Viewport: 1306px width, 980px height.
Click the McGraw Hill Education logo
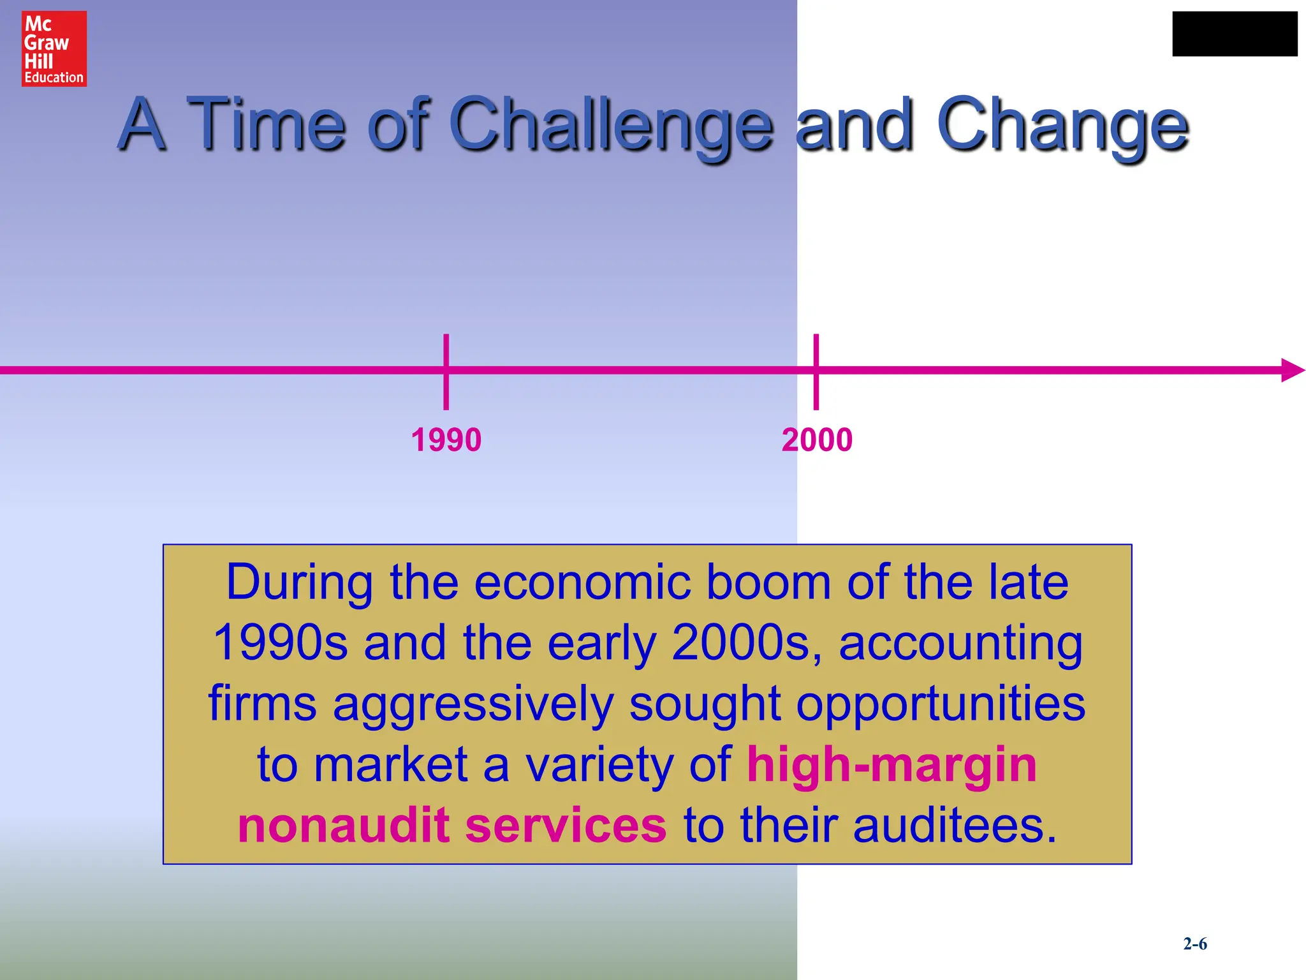click(54, 48)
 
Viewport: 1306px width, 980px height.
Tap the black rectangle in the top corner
click(1234, 34)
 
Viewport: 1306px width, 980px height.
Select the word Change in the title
click(1062, 124)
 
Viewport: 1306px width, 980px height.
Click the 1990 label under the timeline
click(446, 440)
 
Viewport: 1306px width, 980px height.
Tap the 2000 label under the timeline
click(816, 440)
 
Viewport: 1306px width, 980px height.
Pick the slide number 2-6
click(1194, 944)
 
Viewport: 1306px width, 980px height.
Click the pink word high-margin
click(891, 764)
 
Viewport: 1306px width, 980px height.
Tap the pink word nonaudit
click(344, 825)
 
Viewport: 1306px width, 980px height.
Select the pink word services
click(566, 825)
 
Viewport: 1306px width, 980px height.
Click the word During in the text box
click(299, 582)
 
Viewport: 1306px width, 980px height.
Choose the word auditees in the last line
click(954, 825)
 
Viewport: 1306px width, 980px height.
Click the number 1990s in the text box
click(280, 642)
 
